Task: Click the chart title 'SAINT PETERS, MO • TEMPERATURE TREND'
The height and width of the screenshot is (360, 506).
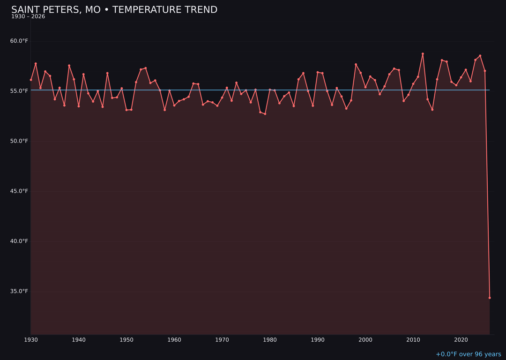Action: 114,10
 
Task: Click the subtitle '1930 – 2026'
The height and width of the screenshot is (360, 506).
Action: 28,17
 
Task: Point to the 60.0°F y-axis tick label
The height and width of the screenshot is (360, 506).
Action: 19,41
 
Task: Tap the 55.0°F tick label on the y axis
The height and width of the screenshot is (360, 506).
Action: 19,91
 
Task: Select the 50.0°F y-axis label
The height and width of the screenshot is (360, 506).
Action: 19,141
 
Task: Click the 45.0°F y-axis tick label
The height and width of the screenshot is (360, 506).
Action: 19,191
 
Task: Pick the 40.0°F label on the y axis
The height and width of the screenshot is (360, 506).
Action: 19,241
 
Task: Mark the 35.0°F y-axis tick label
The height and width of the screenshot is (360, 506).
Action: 19,291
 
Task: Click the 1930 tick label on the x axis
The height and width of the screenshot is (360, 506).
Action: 31,340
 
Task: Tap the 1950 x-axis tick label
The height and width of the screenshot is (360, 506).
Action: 126,340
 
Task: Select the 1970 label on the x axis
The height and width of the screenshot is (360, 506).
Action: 222,340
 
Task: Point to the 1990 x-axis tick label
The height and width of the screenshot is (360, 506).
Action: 318,340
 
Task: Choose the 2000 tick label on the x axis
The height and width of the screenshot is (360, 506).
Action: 365,340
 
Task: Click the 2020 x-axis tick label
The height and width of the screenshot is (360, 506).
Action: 461,340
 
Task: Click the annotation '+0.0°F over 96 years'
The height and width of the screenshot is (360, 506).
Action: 468,354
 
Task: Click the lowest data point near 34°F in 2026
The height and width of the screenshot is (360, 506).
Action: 490,298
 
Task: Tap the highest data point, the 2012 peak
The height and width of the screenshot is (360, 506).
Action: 423,54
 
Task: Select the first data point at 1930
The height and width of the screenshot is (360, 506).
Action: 31,80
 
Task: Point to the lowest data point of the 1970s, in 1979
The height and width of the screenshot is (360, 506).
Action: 265,114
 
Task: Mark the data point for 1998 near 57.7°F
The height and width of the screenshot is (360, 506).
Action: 356,64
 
